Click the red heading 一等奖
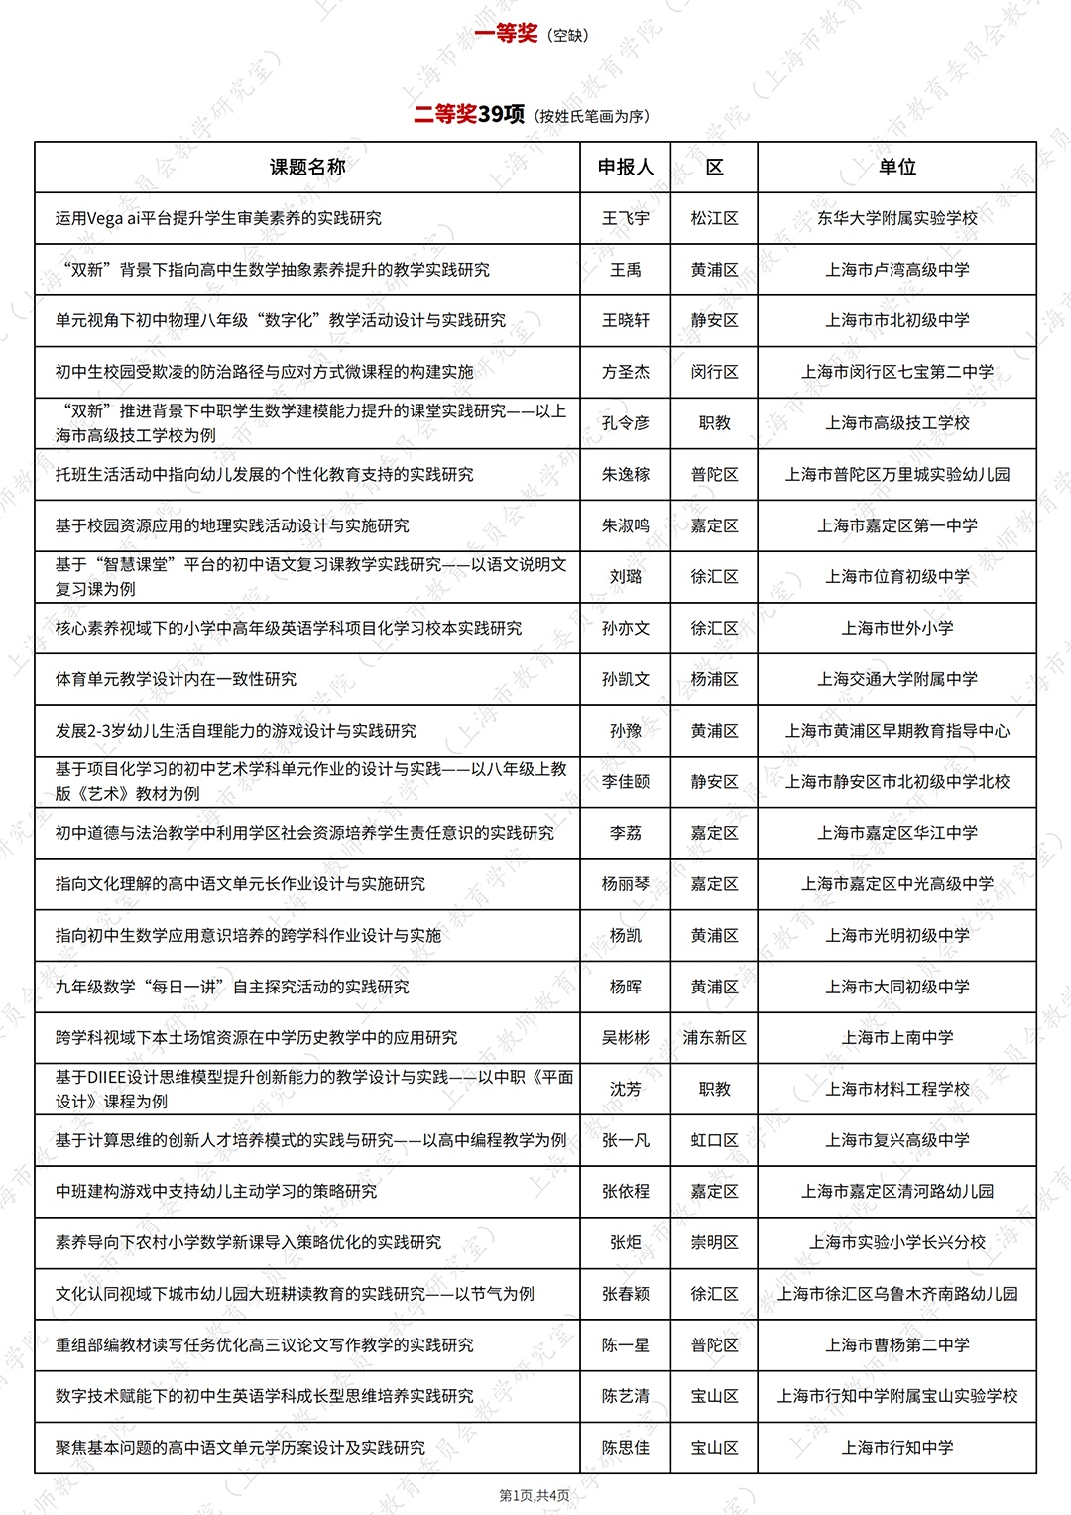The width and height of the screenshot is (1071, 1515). click(x=506, y=34)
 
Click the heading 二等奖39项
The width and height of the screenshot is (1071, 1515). click(x=469, y=115)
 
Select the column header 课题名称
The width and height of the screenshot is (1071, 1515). click(x=307, y=167)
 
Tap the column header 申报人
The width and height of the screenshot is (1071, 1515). click(x=625, y=167)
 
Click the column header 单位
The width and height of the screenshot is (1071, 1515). click(x=896, y=167)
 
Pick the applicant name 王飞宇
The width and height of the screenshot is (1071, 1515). click(x=625, y=218)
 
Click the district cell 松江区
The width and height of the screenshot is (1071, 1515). click(x=714, y=218)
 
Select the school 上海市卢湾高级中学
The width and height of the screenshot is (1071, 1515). click(x=896, y=270)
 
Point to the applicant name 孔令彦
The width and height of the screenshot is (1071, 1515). click(x=625, y=423)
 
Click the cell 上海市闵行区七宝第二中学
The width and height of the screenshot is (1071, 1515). click(x=896, y=372)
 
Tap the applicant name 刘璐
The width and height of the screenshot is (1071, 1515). click(x=625, y=577)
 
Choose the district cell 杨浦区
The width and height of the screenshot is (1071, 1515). click(x=714, y=679)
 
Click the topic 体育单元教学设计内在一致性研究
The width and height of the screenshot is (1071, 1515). click(x=177, y=679)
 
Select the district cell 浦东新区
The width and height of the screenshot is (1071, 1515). click(x=714, y=1038)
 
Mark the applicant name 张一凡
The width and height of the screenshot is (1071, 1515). click(x=625, y=1140)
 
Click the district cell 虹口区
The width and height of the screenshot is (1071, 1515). click(x=714, y=1140)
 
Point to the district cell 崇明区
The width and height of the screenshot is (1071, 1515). click(x=714, y=1242)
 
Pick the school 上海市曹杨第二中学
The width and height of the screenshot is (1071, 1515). click(x=896, y=1345)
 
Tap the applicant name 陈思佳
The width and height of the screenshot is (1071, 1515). click(x=625, y=1448)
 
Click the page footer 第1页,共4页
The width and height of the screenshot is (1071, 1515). click(x=535, y=1495)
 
